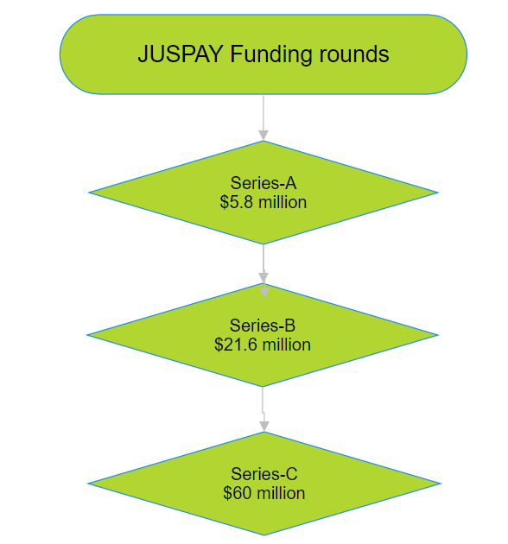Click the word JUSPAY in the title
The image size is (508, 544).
pos(181,54)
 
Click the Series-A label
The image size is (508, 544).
pos(264,183)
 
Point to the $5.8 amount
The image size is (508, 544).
pos(237,202)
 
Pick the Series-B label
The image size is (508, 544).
pos(262,326)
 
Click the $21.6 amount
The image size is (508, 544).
pos(235,345)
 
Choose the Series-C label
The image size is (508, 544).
pos(264,474)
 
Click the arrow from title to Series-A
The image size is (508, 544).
pos(264,117)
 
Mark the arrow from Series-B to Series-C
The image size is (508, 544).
pos(264,409)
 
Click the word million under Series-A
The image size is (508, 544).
pos(283,202)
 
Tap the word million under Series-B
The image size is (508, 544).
pos(287,345)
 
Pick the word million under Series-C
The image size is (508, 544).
pos(282,493)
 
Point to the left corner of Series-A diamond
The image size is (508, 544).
pos(89,193)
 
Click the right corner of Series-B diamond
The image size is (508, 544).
pos(438,335)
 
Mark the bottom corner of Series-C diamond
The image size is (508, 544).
pos(264,535)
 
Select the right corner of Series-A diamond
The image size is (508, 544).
pos(438,193)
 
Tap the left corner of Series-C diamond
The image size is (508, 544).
pos(88,484)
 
